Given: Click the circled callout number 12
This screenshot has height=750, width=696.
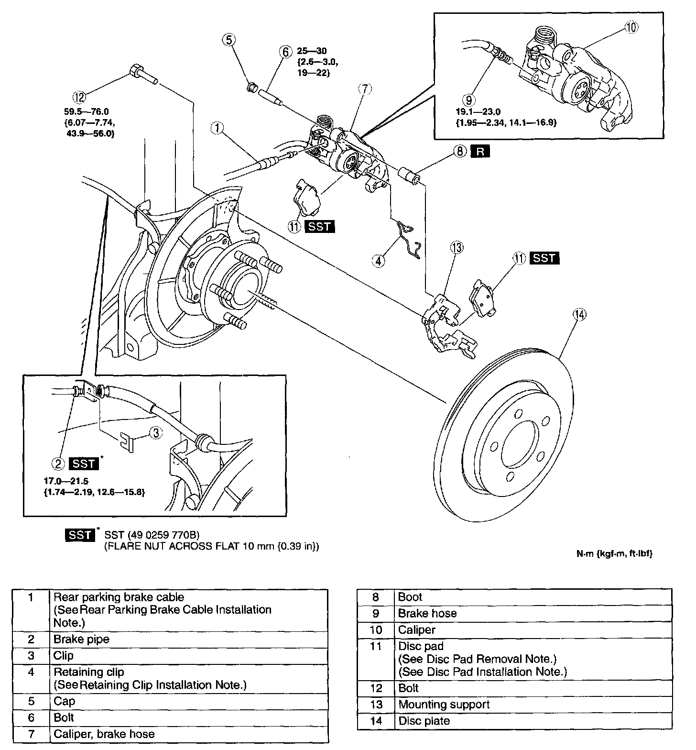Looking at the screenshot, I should click(79, 97).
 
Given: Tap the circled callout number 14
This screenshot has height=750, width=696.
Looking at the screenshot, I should click(580, 314).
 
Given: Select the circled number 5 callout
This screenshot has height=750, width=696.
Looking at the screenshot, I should click(229, 40).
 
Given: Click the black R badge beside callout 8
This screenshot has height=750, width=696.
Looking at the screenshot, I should click(480, 152).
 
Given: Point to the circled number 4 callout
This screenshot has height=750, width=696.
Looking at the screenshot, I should click(379, 261).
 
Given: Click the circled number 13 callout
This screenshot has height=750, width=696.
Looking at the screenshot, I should click(457, 247).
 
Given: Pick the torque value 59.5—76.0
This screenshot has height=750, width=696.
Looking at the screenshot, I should click(87, 112).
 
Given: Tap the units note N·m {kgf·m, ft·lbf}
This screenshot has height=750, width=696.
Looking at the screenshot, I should click(614, 554).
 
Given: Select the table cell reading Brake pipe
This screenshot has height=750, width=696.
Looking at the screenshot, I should click(82, 639).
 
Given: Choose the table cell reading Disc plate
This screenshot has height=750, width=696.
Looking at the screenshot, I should click(424, 721).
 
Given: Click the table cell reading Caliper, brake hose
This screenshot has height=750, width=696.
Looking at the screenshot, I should click(104, 734).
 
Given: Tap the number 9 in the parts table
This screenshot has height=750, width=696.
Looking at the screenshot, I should click(377, 613).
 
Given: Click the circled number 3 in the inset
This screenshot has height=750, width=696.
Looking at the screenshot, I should click(156, 432).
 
